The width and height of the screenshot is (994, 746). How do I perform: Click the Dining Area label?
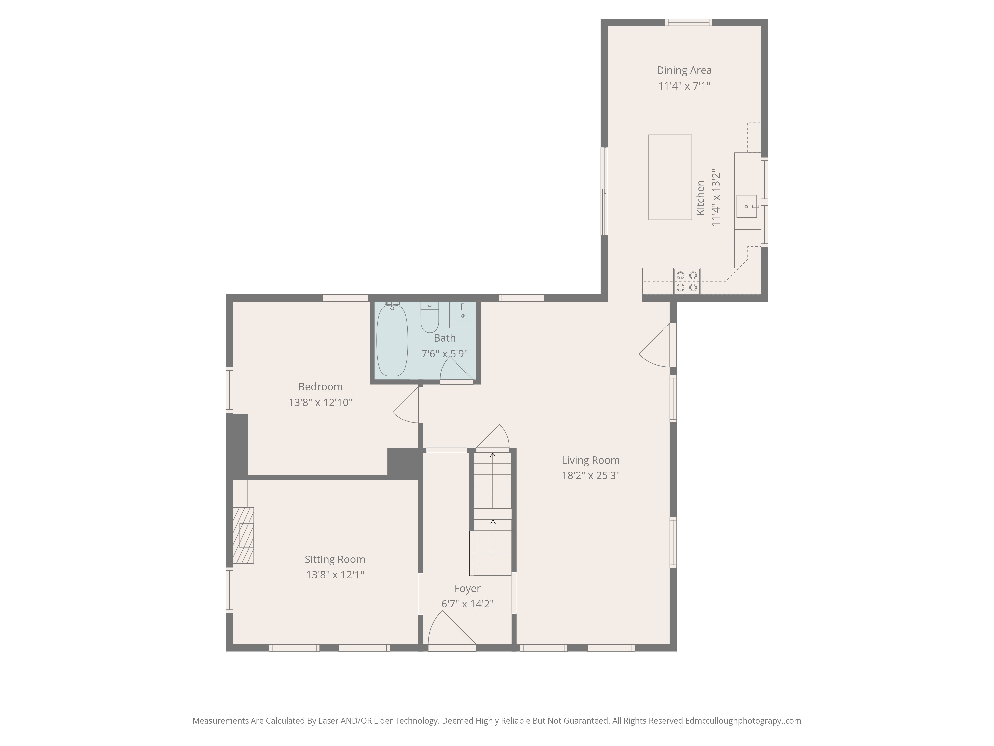point(684,70)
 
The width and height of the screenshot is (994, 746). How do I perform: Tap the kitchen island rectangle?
point(669,177)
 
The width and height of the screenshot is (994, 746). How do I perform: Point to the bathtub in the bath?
point(392,340)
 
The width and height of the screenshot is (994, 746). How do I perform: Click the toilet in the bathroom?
point(430,318)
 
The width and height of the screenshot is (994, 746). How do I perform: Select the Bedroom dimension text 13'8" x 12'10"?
point(320,402)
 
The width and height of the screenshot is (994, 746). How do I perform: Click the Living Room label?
point(590,460)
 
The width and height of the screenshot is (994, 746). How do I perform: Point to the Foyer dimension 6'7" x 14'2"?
point(467,604)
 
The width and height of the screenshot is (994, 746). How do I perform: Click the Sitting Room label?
point(335,559)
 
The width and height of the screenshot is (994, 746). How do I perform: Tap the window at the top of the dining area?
point(688,22)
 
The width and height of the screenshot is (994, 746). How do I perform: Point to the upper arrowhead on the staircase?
point(493,455)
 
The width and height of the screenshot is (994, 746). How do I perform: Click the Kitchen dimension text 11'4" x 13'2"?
point(716,198)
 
